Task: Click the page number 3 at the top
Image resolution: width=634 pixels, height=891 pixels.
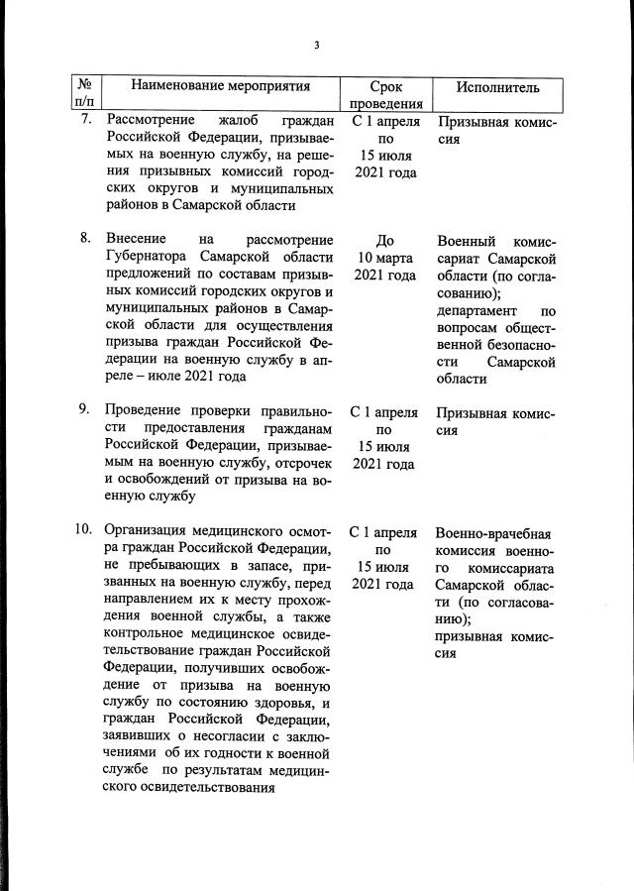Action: point(317,45)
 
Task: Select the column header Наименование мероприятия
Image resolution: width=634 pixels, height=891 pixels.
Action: point(221,87)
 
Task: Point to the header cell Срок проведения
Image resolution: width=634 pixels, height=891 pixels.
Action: point(384,95)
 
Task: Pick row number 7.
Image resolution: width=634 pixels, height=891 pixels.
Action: point(86,120)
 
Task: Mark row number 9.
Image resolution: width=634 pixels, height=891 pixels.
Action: point(86,411)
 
